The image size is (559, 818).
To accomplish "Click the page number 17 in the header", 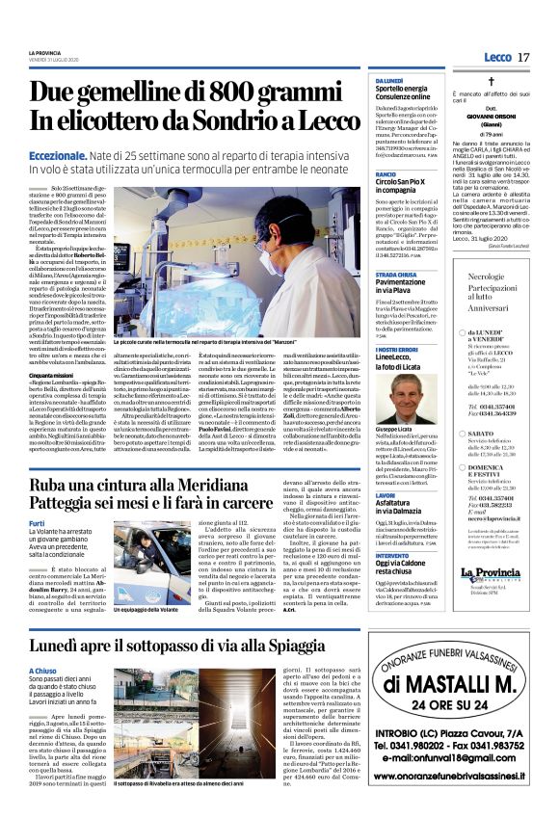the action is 523,58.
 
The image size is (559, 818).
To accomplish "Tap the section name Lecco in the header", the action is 497,58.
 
